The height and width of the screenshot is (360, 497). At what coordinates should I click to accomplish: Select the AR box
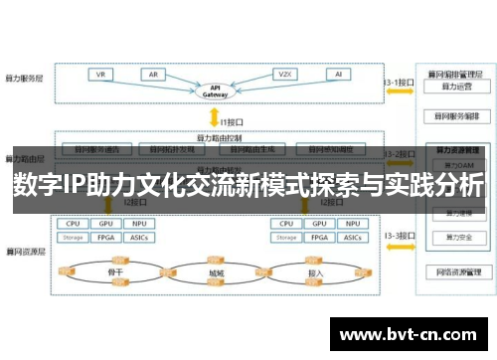coord(153,75)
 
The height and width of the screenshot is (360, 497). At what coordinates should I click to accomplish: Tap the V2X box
coord(284,75)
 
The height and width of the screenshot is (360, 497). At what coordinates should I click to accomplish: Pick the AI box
coord(338,75)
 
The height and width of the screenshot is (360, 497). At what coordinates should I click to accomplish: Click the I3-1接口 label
coord(398,82)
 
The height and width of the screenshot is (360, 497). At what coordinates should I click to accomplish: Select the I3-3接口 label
coord(398,235)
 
